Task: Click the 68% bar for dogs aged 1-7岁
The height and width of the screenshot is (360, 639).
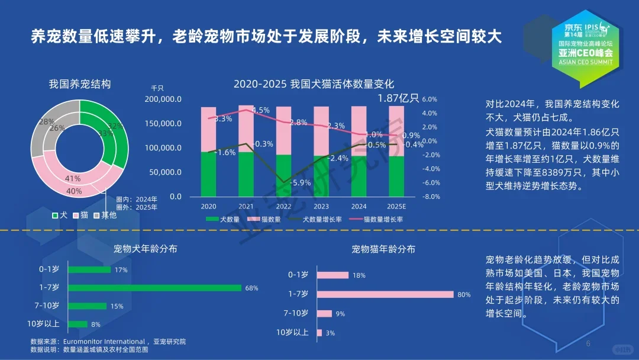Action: [x=155, y=288]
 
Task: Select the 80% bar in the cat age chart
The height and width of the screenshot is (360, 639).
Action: [x=385, y=294]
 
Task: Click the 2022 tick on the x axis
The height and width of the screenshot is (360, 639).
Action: [x=283, y=207]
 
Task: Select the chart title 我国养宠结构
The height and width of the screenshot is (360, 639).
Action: [x=79, y=84]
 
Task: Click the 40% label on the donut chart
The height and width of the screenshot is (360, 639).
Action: [x=74, y=191]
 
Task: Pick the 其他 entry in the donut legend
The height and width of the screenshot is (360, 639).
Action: [x=108, y=216]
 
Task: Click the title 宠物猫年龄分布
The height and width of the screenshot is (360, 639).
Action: [x=383, y=249]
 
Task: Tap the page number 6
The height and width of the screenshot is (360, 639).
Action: [x=588, y=344]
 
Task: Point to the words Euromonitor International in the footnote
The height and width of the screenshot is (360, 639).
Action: [x=103, y=342]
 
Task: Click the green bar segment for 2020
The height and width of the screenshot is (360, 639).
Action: [x=208, y=173]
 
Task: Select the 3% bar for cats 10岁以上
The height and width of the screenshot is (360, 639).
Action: [x=319, y=333]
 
